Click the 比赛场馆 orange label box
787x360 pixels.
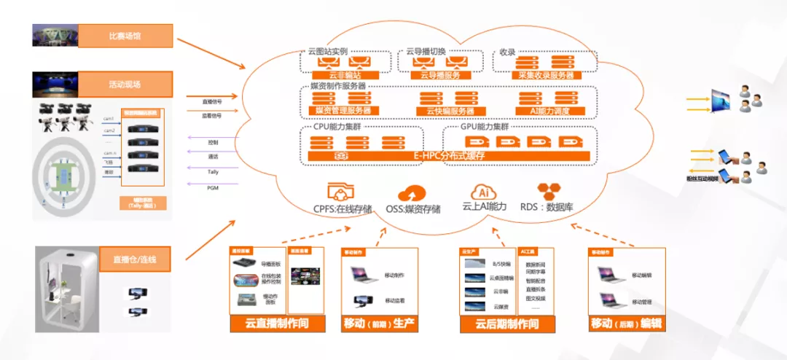[x=125, y=35]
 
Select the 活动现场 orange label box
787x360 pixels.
[x=125, y=84]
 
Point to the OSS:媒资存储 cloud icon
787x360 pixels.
[x=413, y=193]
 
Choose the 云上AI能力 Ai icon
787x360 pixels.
[x=482, y=192]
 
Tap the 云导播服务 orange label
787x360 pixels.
[x=436, y=75]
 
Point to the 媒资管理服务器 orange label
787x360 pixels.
[x=342, y=111]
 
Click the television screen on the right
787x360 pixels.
[x=721, y=100]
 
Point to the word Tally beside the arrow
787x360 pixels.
[x=213, y=172]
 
